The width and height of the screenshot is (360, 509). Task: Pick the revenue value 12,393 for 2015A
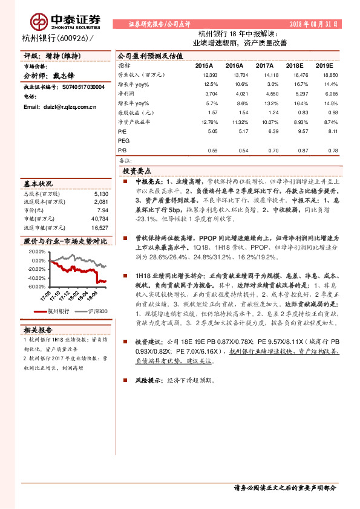point(207,74)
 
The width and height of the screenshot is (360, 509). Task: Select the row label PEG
point(123,140)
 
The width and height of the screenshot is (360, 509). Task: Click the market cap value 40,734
point(99,218)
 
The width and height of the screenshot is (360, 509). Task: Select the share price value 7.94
point(102,210)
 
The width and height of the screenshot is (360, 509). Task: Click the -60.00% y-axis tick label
point(36,287)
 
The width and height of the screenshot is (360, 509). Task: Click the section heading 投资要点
point(137,171)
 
